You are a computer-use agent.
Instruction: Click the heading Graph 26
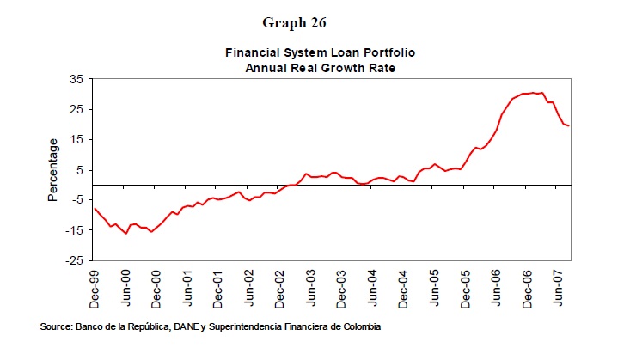tap(315, 21)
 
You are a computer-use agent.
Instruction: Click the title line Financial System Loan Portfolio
tap(315, 52)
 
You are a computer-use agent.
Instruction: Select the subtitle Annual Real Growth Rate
tap(315, 67)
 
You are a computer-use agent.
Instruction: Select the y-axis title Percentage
tap(52, 169)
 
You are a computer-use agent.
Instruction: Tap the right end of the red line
tap(569, 126)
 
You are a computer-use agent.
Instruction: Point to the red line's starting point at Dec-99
tap(94, 208)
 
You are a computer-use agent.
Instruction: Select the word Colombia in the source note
tap(359, 327)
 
